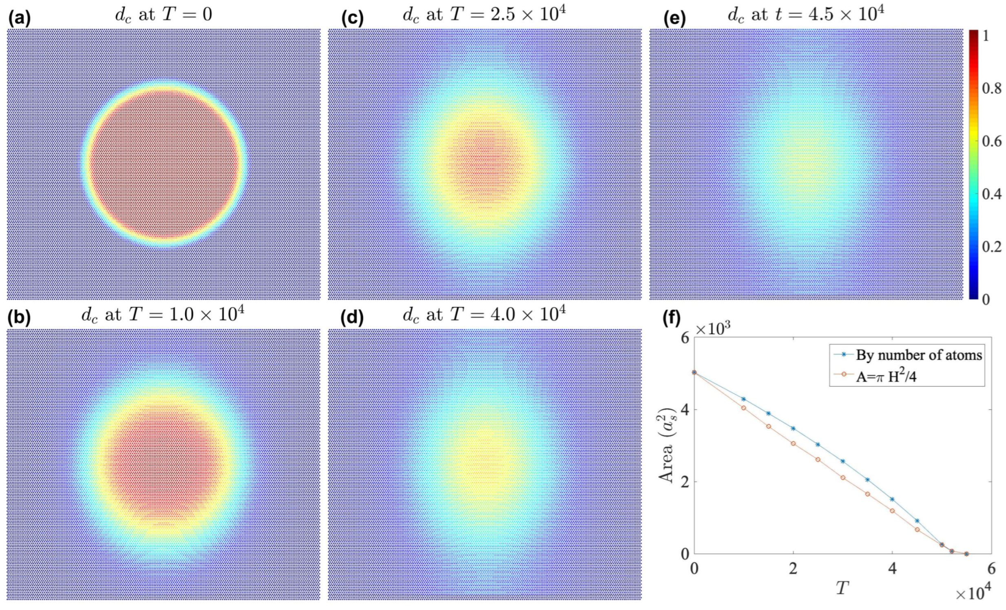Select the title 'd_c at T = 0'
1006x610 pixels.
(163, 15)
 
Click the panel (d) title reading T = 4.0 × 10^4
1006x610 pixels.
(484, 315)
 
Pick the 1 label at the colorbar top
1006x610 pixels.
(986, 36)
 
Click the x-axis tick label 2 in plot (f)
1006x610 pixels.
(793, 569)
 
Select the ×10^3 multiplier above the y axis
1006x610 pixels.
(713, 329)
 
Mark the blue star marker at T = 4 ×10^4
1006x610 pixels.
(892, 500)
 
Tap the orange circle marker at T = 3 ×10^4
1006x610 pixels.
(843, 478)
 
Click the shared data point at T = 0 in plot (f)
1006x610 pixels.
(694, 372)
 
